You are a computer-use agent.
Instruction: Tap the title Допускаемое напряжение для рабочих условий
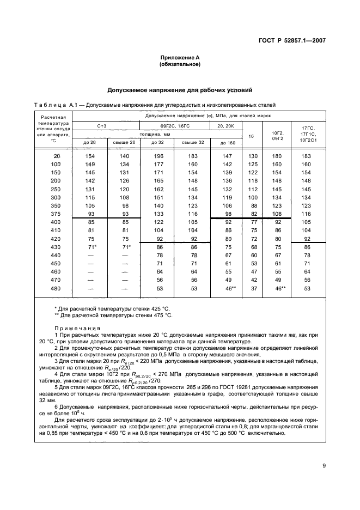click(180, 90)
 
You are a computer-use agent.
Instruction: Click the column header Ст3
click(102, 125)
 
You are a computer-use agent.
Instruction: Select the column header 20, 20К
click(224, 125)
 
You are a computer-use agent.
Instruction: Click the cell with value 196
click(155, 156)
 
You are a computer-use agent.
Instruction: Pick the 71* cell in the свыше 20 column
click(125, 247)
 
